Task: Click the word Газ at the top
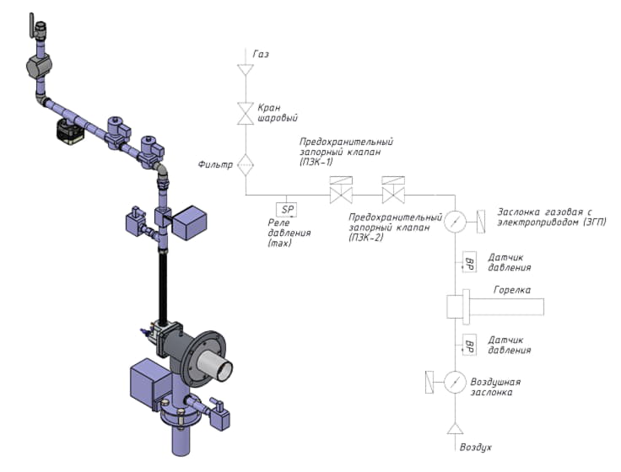[261, 54]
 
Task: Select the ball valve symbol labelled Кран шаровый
[246, 114]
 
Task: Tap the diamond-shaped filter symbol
[246, 165]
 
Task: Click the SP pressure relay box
[286, 210]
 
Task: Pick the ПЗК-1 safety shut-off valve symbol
[341, 190]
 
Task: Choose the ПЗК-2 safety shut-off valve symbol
[393, 190]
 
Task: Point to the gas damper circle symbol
[455, 222]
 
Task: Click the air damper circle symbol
[455, 382]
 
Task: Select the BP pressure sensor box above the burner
[469, 262]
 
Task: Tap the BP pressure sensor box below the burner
[469, 345]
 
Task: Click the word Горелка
[512, 290]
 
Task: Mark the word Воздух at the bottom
[476, 448]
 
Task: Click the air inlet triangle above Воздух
[455, 428]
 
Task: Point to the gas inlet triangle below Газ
[246, 69]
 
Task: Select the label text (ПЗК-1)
[316, 162]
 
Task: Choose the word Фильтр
[215, 164]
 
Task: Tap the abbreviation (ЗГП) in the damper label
[595, 222]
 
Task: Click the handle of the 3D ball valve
[31, 25]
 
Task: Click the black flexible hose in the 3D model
[163, 287]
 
